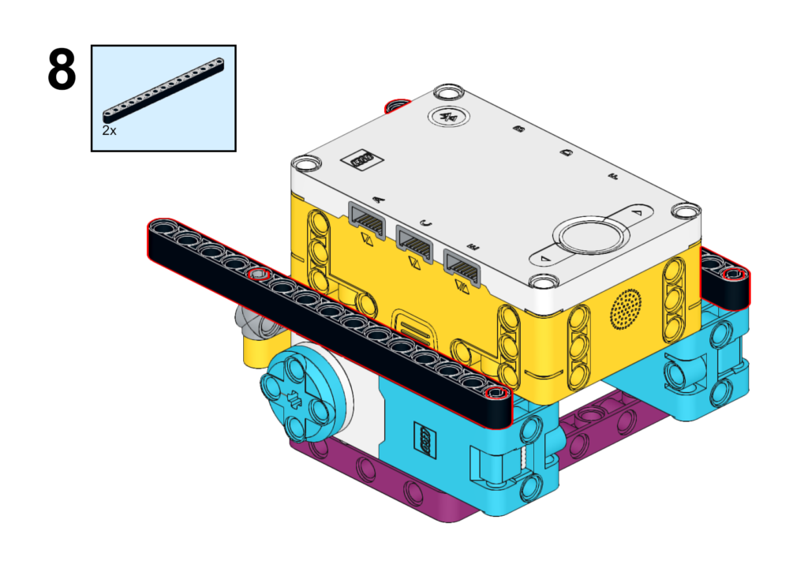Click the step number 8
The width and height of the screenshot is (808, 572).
click(62, 69)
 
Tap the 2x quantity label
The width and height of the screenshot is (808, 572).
click(109, 130)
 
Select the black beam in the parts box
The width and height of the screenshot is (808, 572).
click(163, 90)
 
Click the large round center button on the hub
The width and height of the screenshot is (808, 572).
click(590, 237)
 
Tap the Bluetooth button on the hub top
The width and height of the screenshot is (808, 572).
click(449, 117)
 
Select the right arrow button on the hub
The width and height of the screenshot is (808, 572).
click(638, 212)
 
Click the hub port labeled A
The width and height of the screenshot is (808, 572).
click(368, 221)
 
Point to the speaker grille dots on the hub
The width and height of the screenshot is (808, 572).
click(626, 308)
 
